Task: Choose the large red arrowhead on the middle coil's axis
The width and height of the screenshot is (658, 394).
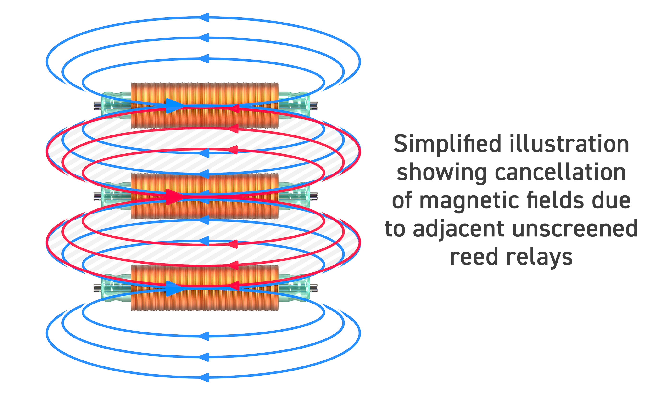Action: [174, 197]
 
